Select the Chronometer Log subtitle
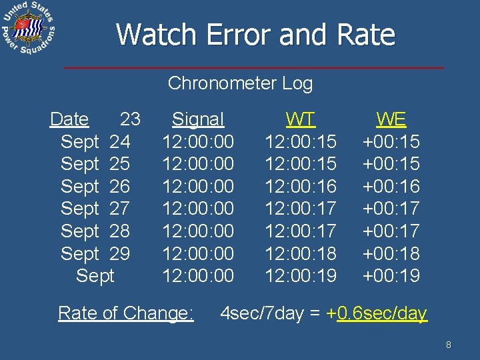click(x=240, y=83)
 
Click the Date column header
click(x=69, y=119)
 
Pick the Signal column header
click(x=198, y=119)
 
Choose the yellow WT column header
click(x=301, y=119)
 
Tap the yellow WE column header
click(x=391, y=119)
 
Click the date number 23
click(x=130, y=119)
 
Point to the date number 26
click(x=119, y=186)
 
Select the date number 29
click(x=119, y=253)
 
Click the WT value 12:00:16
click(x=301, y=186)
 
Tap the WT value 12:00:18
click(x=301, y=253)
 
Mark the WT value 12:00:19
click(x=301, y=275)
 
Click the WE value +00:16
click(x=391, y=186)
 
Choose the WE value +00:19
click(x=391, y=275)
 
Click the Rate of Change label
click(x=126, y=313)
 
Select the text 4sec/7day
click(x=261, y=313)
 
